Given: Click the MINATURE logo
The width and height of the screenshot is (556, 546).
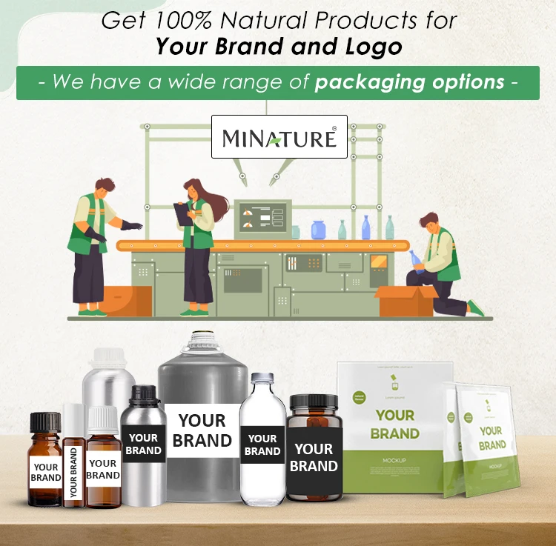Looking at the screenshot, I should tap(279, 136).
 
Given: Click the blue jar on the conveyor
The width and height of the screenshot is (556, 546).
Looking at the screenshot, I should tap(319, 230).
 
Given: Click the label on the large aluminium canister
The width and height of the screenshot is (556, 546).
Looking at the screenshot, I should tap(202, 430).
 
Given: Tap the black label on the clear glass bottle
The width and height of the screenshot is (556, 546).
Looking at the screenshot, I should tap(262, 445).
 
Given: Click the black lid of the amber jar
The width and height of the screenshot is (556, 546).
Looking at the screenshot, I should tap(314, 404).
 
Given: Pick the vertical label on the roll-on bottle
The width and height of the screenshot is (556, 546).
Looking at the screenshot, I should tap(73, 471).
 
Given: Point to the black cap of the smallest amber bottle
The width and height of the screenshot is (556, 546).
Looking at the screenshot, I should tap(44, 425).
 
